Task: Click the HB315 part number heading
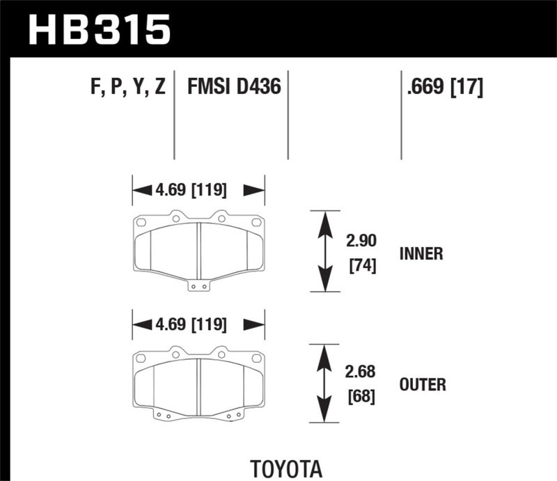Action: pos(98,30)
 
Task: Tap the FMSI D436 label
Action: pos(233,87)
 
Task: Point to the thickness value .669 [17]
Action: pos(442,87)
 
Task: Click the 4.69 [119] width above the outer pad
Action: pos(198,324)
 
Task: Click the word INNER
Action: pos(421,253)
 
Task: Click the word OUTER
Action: pos(423,384)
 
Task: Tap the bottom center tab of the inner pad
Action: pos(198,285)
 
